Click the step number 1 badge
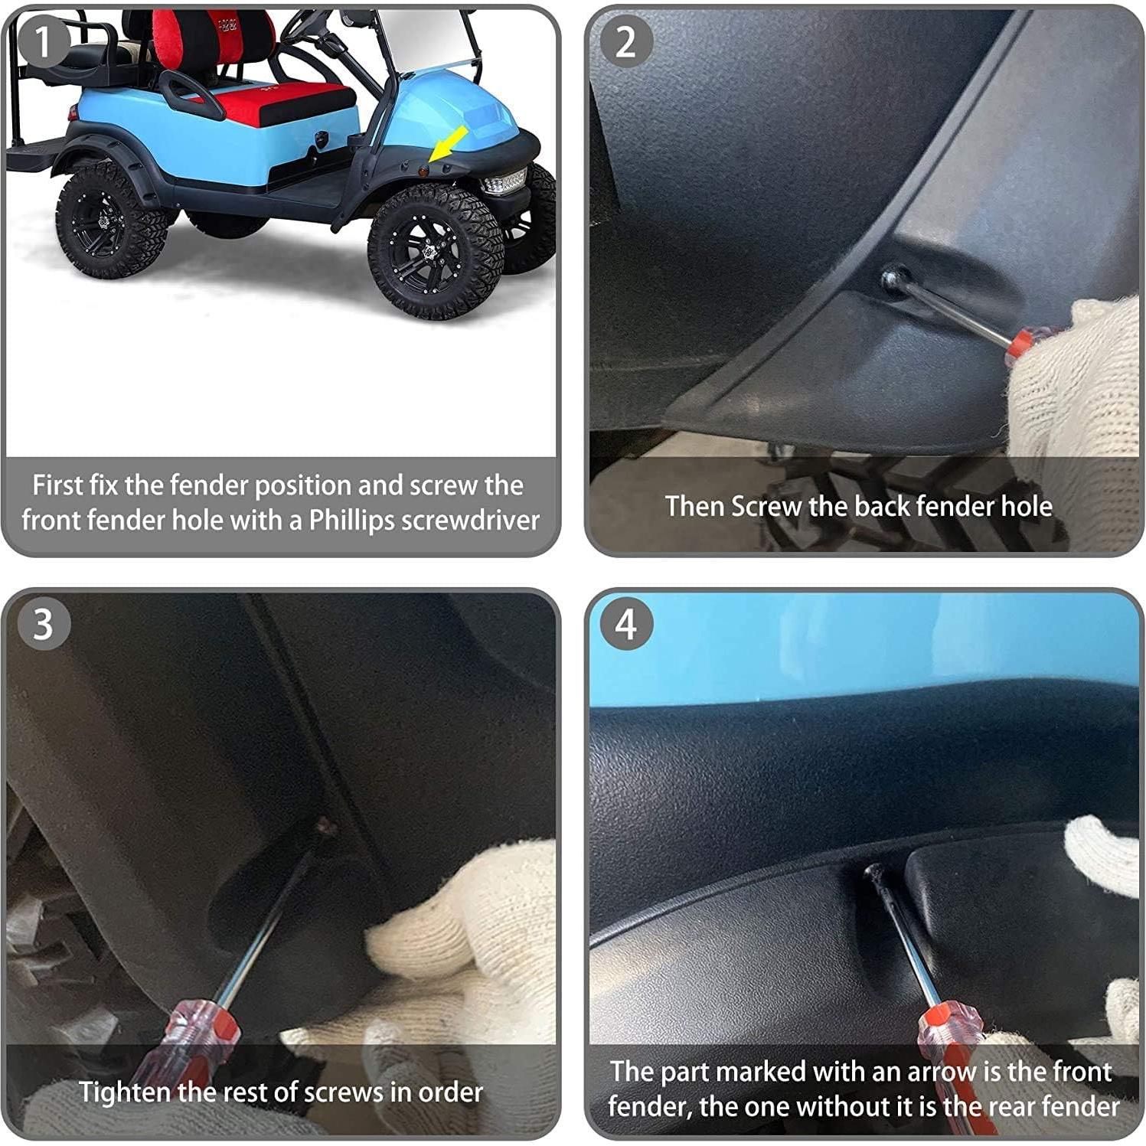point(41,42)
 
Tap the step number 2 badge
point(625,42)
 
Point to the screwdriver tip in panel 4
point(871,872)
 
